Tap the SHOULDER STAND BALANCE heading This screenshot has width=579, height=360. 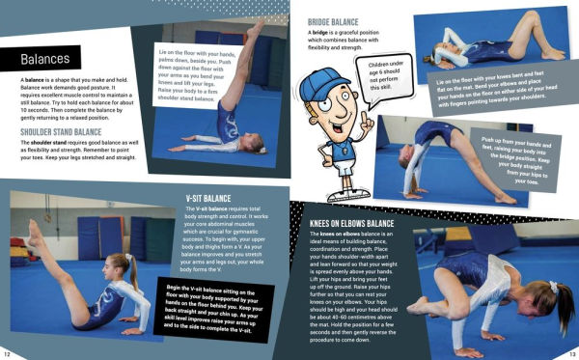pyautogui.click(x=59, y=133)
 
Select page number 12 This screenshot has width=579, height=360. pyautogui.click(x=8, y=353)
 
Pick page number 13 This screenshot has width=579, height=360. pyautogui.click(x=570, y=353)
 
